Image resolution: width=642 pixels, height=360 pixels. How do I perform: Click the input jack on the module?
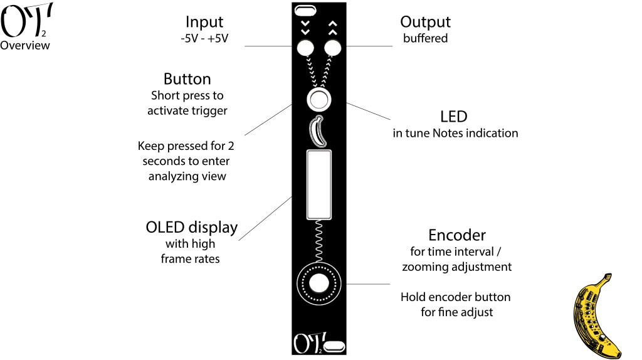click(x=305, y=48)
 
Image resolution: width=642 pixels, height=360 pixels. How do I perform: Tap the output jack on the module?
click(x=332, y=48)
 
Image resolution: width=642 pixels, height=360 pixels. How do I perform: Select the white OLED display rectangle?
click(x=318, y=184)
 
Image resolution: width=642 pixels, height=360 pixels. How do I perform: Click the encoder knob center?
click(x=318, y=283)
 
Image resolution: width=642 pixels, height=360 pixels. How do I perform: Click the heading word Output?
click(x=425, y=22)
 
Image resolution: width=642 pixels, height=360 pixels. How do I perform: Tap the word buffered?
click(x=425, y=38)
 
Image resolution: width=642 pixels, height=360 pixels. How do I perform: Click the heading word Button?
click(x=187, y=80)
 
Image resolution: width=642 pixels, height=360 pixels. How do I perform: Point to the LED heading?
click(x=453, y=117)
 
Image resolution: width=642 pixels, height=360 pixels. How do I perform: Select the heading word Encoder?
click(x=456, y=235)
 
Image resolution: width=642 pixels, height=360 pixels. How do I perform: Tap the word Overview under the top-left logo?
click(x=25, y=46)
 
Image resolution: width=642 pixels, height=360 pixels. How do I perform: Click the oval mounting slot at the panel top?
click(x=305, y=10)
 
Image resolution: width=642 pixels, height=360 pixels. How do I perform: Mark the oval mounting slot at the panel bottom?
click(x=335, y=346)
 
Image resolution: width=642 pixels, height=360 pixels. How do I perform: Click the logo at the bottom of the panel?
click(x=305, y=344)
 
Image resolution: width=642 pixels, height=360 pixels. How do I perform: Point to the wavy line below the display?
click(x=318, y=241)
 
